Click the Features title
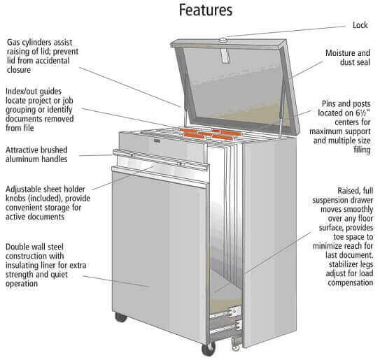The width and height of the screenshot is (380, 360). pyautogui.click(x=206, y=10)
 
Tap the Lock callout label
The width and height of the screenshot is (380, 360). pyautogui.click(x=360, y=25)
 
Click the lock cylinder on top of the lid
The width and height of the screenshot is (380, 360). pyautogui.click(x=223, y=40)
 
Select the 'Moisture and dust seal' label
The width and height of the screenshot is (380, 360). pyautogui.click(x=348, y=57)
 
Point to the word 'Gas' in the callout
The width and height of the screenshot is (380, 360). pyautogui.click(x=13, y=43)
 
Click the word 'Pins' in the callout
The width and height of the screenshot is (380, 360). pyautogui.click(x=328, y=104)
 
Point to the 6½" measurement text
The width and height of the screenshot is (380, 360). pyautogui.click(x=363, y=113)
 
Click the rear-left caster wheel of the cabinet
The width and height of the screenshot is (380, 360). pyautogui.click(x=120, y=317)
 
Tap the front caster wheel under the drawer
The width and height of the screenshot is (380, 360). pyautogui.click(x=208, y=349)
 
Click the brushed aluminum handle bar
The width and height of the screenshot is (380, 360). pyautogui.click(x=161, y=159)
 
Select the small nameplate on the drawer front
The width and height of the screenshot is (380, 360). pyautogui.click(x=157, y=141)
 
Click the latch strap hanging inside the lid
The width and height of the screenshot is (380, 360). pyautogui.click(x=225, y=55)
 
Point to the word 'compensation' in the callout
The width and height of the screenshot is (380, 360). pyautogui.click(x=350, y=283)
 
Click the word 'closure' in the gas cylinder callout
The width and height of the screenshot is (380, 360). pyautogui.click(x=19, y=70)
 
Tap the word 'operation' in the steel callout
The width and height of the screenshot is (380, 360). pyautogui.click(x=22, y=284)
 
